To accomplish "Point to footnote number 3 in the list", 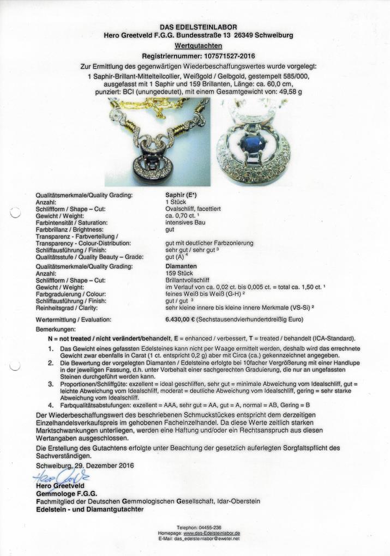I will point(51,384).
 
